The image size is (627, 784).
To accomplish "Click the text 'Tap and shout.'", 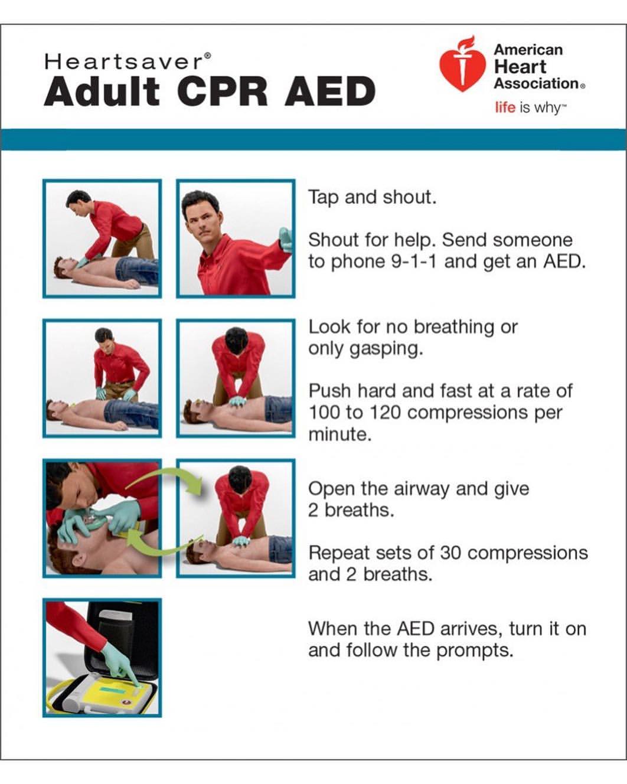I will coord(372,197).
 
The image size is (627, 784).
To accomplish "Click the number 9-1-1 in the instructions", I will coord(414,261).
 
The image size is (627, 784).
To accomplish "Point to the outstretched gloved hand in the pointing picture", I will coord(286,240).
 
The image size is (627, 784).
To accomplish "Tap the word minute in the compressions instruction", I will coord(339,435).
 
